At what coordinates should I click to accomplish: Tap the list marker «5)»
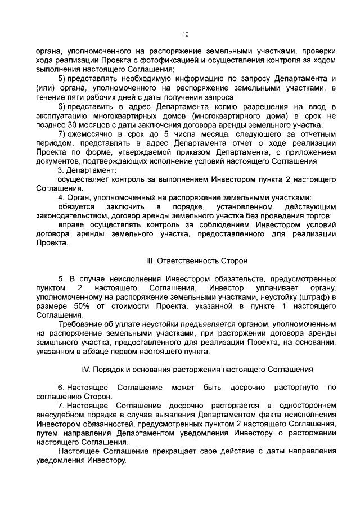62,78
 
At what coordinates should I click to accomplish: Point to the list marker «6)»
62,107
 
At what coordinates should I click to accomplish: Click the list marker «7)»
62,135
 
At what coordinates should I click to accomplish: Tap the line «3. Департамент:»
87,170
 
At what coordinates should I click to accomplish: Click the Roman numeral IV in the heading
86,370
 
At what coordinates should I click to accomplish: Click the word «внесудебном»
59,415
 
